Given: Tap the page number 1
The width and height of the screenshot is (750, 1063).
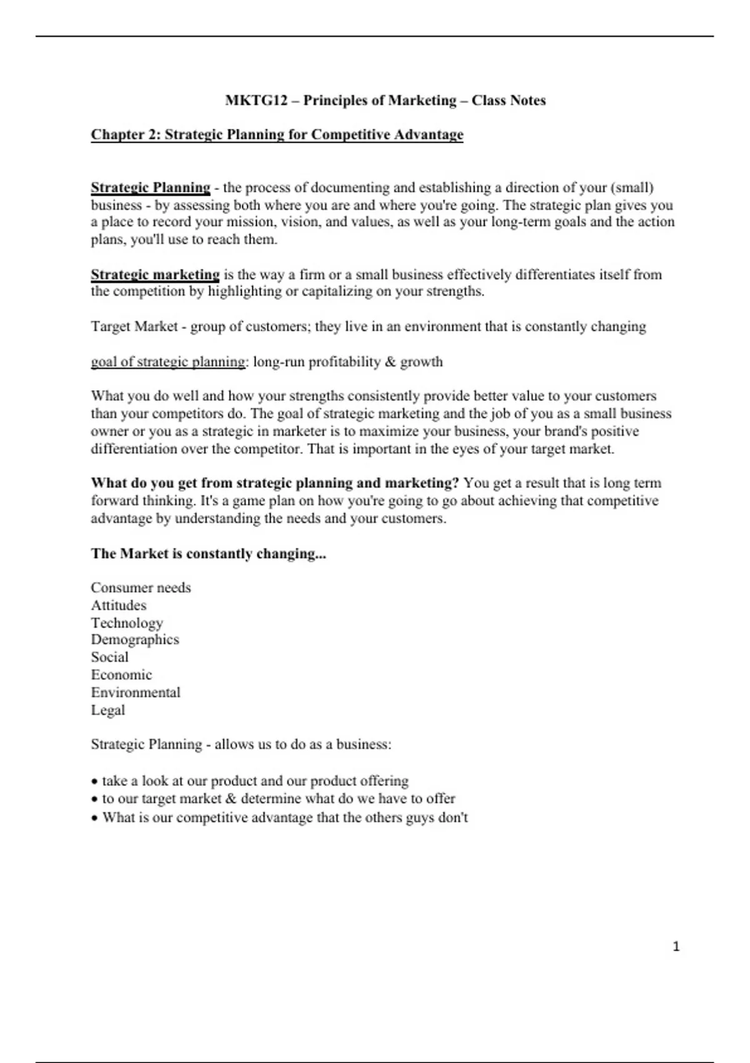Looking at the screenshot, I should click(676, 947).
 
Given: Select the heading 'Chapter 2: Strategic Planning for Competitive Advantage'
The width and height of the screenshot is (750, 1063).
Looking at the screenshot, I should click(277, 135).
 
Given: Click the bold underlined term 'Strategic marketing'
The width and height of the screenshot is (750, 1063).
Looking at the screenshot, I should click(155, 275).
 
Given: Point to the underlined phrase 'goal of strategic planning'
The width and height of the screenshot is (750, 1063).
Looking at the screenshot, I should click(168, 362).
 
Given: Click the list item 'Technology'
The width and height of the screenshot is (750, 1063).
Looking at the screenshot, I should click(127, 623).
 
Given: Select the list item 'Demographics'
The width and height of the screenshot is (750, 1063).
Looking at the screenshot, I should click(135, 640).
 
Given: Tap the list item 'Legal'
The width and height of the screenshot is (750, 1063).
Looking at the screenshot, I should click(108, 710).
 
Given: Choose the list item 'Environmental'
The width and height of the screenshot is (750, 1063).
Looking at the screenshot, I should click(136, 693).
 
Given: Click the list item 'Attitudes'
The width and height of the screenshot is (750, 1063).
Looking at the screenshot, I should click(119, 605).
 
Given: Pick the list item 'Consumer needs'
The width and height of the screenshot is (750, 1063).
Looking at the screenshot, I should click(141, 588).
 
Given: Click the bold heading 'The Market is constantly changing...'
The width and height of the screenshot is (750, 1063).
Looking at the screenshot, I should click(208, 554).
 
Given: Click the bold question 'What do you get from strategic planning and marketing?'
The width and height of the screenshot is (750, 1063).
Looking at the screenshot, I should click(275, 483).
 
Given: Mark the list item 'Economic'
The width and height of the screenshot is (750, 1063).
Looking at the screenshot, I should click(121, 675).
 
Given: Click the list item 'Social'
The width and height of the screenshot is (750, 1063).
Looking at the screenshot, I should click(109, 657).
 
